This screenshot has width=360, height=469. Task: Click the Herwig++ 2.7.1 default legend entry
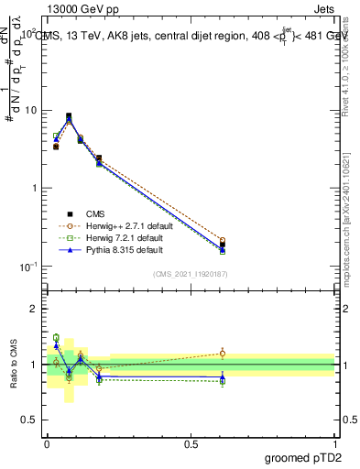point(125,224)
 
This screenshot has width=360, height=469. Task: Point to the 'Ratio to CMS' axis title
point(13,366)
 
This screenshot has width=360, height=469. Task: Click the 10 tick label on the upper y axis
point(30,111)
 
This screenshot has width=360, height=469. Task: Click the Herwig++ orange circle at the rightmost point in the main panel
point(223,241)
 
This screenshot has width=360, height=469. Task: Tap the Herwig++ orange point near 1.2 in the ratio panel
point(223,353)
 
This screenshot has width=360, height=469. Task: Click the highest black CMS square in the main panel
point(69,116)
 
